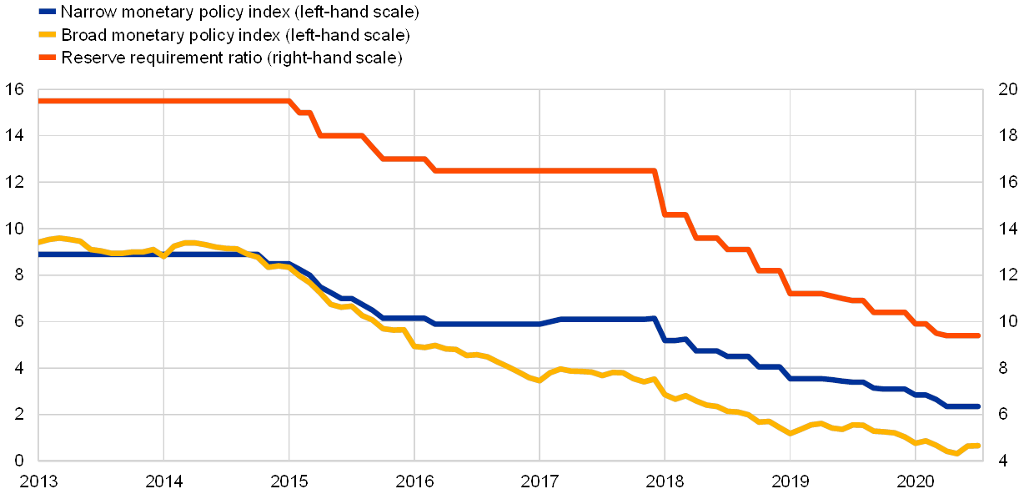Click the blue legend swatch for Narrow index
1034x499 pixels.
[47, 13]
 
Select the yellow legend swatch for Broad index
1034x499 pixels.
[47, 35]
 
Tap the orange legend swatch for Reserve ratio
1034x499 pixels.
[47, 58]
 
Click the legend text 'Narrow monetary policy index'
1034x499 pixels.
[240, 13]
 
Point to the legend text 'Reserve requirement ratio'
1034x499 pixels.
[233, 58]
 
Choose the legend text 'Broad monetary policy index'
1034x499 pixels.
[236, 35]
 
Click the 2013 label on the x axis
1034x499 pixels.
[38, 481]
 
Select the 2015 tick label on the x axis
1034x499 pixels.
[289, 481]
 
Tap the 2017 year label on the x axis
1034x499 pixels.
[540, 481]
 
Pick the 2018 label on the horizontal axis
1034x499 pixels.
[665, 481]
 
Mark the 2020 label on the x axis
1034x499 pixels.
[916, 481]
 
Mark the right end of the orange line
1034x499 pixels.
[979, 335]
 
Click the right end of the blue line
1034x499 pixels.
[979, 406]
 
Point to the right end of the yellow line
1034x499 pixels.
[979, 446]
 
